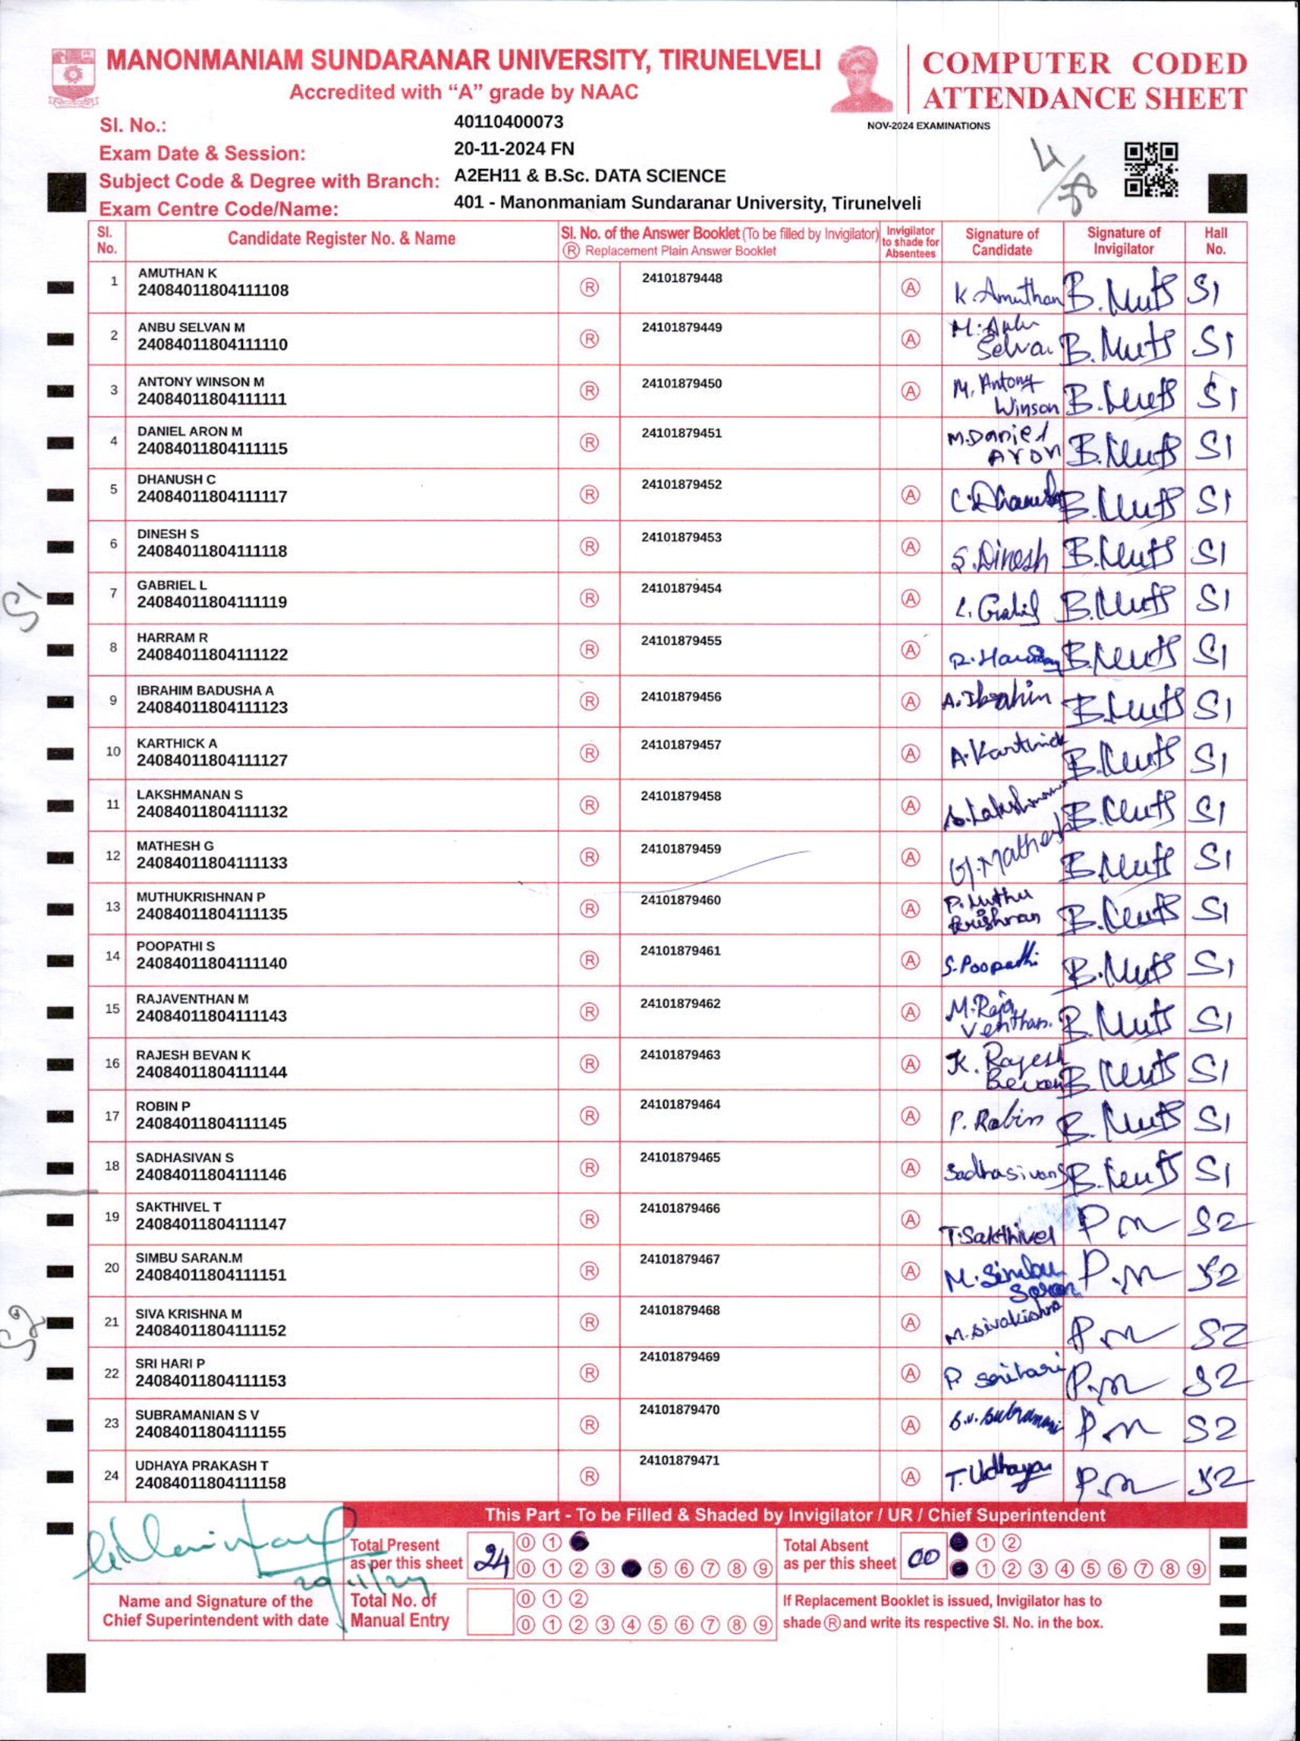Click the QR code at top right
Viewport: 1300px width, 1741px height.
pyautogui.click(x=1150, y=169)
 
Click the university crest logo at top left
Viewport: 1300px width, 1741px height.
pyautogui.click(x=73, y=76)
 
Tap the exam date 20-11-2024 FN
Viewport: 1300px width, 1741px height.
pyautogui.click(x=514, y=149)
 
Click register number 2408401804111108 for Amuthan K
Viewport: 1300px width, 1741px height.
pyautogui.click(x=212, y=290)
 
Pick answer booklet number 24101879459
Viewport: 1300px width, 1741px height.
pyautogui.click(x=681, y=849)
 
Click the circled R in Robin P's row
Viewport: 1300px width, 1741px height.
pyautogui.click(x=589, y=1116)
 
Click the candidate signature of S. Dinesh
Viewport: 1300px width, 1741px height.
pyautogui.click(x=999, y=557)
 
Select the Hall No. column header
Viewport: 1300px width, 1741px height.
pyautogui.click(x=1215, y=241)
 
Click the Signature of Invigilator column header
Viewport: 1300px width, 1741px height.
pyautogui.click(x=1123, y=241)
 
